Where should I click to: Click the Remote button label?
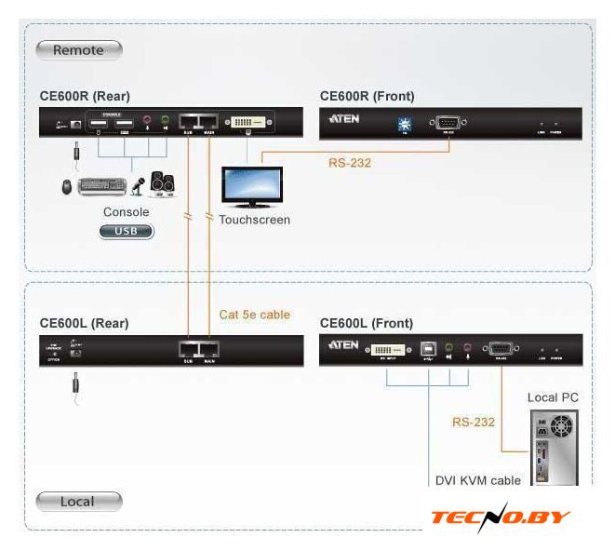point(78,50)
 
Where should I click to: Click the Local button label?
point(77,502)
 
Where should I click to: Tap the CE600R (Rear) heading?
point(85,96)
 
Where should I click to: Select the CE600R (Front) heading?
point(367,96)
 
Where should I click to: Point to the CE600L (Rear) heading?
point(84,323)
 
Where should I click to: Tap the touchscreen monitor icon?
point(252,186)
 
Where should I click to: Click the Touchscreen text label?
point(254,221)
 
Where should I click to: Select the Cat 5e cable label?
point(254,315)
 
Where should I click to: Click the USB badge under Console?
point(127,230)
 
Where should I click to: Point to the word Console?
point(126,212)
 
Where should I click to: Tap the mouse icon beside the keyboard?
point(68,187)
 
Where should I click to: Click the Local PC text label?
point(553,398)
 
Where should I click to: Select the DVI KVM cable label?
point(478,481)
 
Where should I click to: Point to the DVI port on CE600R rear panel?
point(247,122)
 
